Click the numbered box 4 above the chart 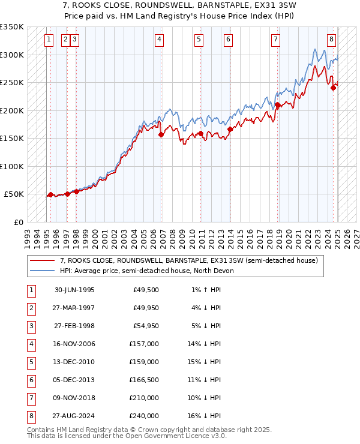point(159,40)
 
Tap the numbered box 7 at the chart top point(275,40)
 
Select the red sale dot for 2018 point(278,106)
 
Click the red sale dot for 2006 point(161,135)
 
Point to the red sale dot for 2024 point(334,88)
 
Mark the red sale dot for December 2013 point(230,129)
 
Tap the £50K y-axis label point(14,194)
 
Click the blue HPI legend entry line point(42,271)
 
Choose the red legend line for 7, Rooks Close point(42,260)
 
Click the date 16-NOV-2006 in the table point(74,344)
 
